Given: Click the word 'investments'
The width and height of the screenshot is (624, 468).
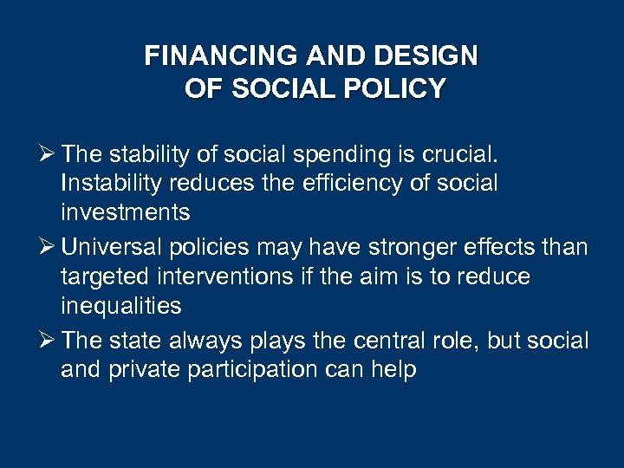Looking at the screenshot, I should coord(127,213).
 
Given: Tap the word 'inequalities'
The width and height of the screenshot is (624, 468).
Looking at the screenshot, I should coord(121,307).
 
